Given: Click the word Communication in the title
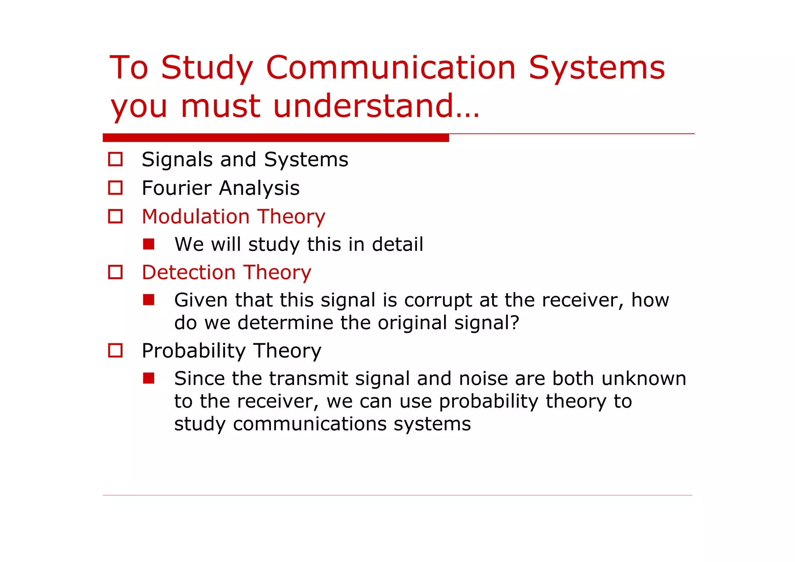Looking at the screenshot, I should point(391,68).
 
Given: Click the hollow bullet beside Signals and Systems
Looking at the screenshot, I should point(115,159).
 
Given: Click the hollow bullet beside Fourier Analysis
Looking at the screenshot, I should point(115,188).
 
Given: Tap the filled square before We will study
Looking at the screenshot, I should point(149,244).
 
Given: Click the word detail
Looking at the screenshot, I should point(397,245).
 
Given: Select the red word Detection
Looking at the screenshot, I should point(188,272).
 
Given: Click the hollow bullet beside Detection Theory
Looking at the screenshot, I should point(115,272).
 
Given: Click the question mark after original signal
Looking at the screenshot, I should point(515,323).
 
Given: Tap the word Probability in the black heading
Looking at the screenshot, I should point(193,351).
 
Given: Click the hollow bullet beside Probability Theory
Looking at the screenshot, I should point(115,351).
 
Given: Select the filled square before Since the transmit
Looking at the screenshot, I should point(149,378).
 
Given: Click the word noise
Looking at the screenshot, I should point(483,379).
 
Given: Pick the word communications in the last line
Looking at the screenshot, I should point(309,424).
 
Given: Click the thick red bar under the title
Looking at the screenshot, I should point(276,138).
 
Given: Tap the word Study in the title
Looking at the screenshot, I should point(207,69).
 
